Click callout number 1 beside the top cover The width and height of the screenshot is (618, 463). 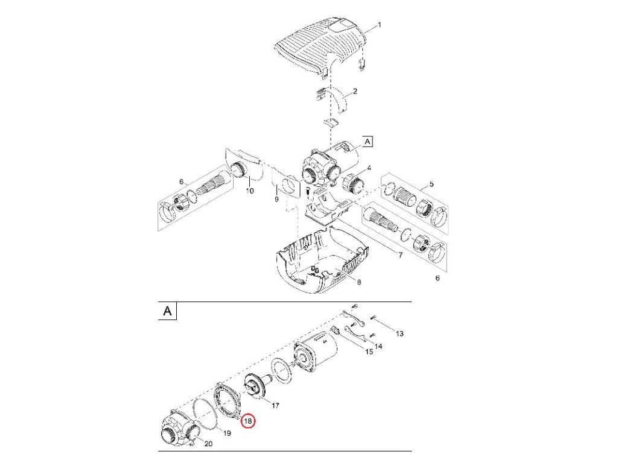click(x=380, y=25)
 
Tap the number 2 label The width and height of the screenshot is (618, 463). click(x=355, y=92)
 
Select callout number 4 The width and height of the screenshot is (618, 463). click(x=369, y=168)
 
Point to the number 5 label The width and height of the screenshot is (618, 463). click(x=431, y=184)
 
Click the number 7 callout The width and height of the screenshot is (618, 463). click(x=401, y=255)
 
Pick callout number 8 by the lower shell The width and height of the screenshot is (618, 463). click(x=359, y=282)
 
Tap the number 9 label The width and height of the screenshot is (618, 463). click(x=276, y=199)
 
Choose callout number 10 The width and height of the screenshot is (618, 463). click(x=249, y=191)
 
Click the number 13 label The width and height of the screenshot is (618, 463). click(x=400, y=333)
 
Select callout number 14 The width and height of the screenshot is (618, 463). click(x=378, y=347)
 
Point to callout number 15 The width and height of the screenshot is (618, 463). click(x=369, y=351)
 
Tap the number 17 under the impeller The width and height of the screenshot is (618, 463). click(x=275, y=405)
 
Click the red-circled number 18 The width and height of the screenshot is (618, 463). click(x=248, y=421)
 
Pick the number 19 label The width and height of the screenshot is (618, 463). click(x=227, y=433)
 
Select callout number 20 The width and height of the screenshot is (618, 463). click(x=208, y=444)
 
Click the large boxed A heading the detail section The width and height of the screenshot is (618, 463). click(x=168, y=310)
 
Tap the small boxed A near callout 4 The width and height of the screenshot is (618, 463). click(x=368, y=141)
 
